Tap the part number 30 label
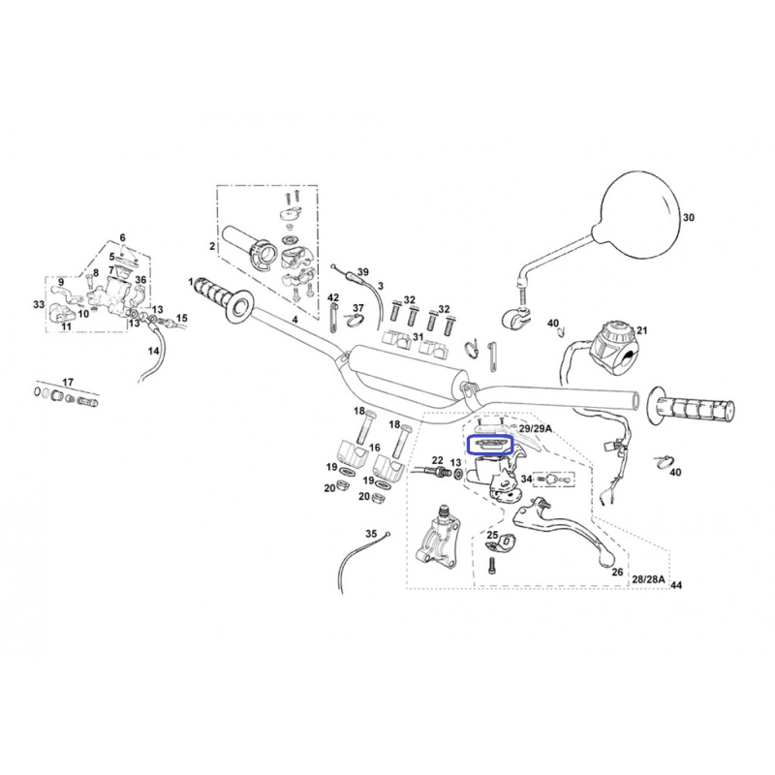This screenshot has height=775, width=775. click(689, 217)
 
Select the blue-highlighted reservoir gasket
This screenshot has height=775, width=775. click(490, 445)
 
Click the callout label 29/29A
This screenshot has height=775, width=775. click(535, 428)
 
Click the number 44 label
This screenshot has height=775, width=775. click(676, 585)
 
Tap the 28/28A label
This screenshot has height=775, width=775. click(648, 579)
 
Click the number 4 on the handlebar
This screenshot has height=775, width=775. click(294, 320)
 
